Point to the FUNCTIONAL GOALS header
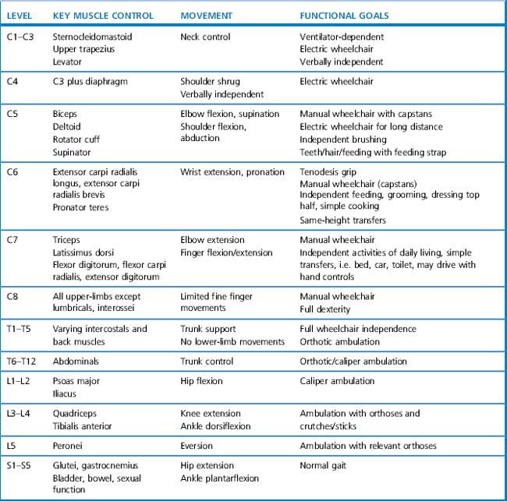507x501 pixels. [344, 16]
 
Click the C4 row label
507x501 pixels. [12, 80]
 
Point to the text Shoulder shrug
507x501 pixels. [210, 80]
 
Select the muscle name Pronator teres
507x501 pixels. [81, 208]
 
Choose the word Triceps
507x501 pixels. [67, 240]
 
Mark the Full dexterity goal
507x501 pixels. [325, 309]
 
